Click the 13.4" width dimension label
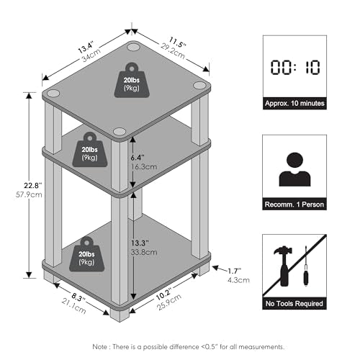tap(86, 48)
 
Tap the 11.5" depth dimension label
tap(177, 42)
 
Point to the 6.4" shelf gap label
tap(138, 158)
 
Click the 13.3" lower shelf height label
tap(140, 243)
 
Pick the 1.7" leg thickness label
tap(234, 271)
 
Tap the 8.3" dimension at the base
tap(78, 297)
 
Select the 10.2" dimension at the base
tap(163, 294)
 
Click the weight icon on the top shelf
tap(132, 80)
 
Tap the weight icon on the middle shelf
tap(90, 149)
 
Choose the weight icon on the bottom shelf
tap(86, 254)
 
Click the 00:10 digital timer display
tap(295, 67)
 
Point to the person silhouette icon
tap(294, 169)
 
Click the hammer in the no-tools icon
tap(284, 266)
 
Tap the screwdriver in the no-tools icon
tap(306, 266)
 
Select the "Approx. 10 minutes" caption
tap(294, 104)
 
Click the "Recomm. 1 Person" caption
tap(294, 204)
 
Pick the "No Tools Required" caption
tap(294, 304)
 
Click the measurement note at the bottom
tap(189, 347)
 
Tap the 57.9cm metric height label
tap(29, 194)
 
